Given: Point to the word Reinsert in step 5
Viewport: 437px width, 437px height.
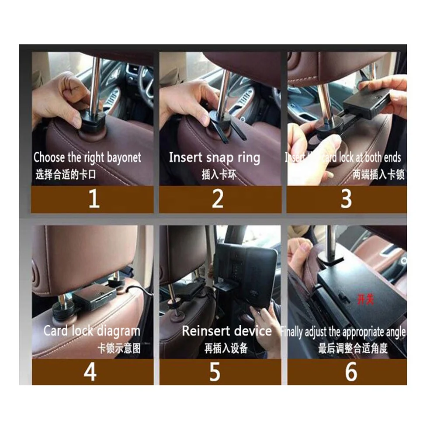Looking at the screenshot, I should click(205, 331).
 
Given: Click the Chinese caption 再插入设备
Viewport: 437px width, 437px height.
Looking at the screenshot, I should click(225, 348).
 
